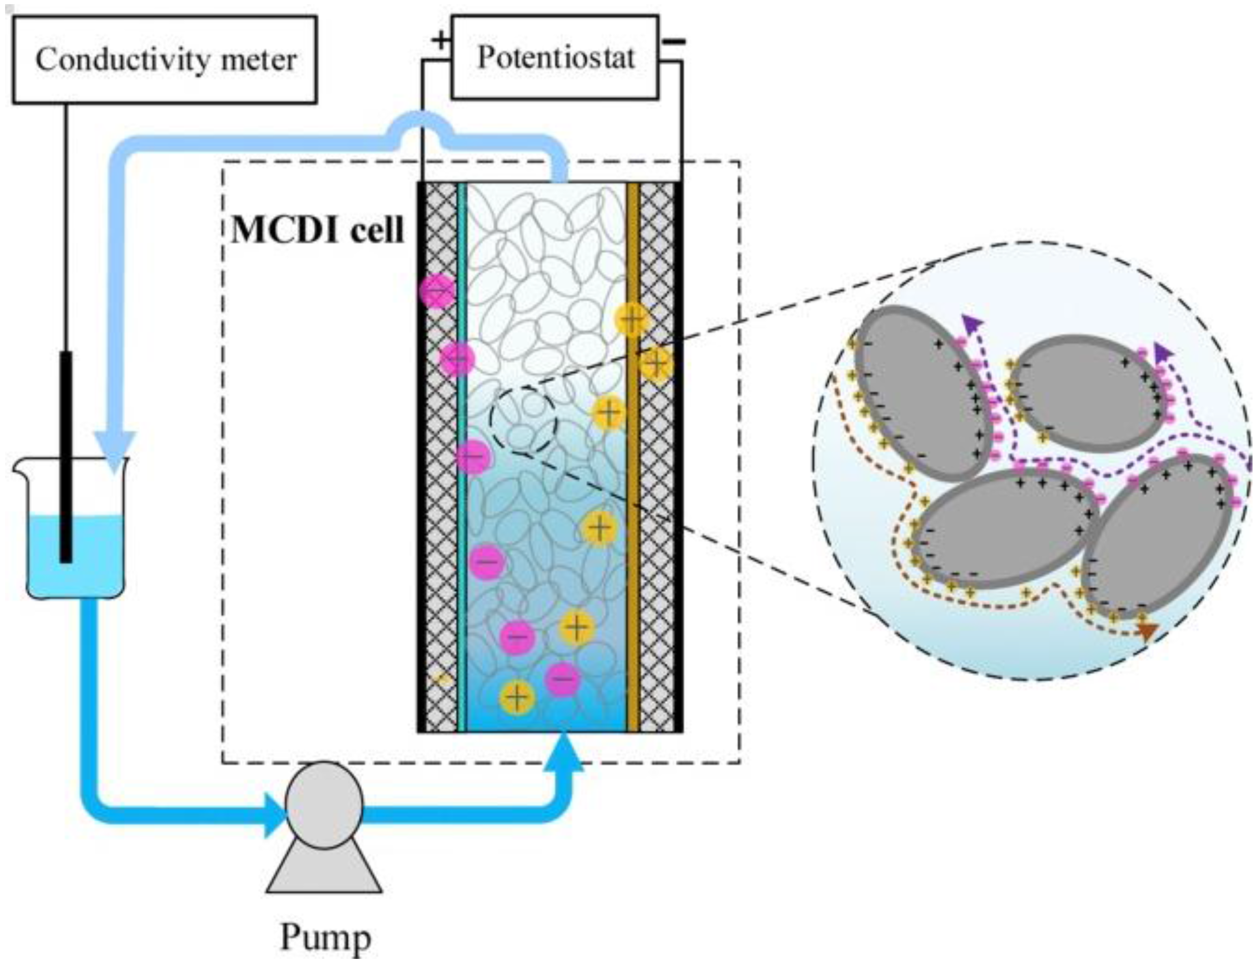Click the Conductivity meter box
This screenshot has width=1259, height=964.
165,60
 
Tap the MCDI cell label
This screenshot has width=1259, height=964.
317,230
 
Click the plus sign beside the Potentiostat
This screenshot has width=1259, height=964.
441,40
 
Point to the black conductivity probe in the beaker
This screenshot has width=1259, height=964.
66,459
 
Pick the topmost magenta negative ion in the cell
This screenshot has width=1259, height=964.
438,292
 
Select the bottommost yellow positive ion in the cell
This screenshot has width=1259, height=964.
517,698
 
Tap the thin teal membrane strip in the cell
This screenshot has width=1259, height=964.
462,459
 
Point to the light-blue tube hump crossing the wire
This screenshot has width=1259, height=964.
422,120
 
